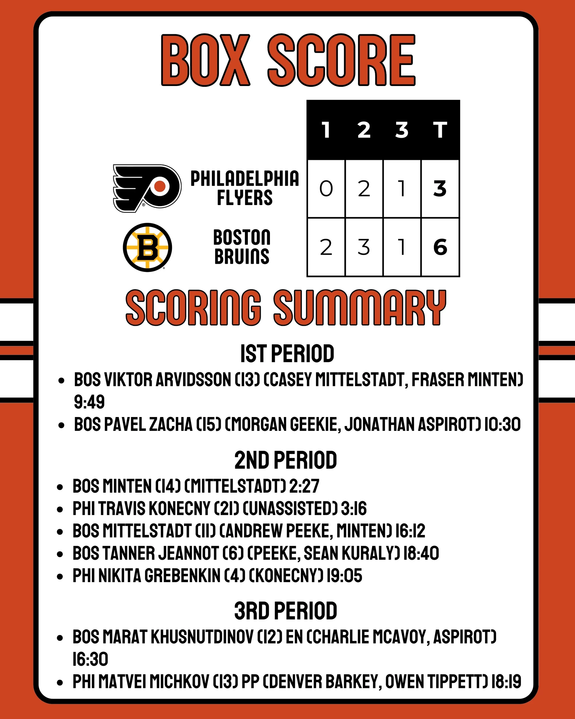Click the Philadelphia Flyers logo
(147, 188)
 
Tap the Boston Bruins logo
(147, 247)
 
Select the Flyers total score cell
(440, 189)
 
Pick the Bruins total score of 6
(440, 247)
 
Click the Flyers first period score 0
(326, 189)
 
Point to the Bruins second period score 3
(364, 247)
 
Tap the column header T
(440, 130)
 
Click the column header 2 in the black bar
(364, 130)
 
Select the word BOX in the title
(206, 60)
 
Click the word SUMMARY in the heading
(360, 307)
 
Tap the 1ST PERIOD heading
(287, 354)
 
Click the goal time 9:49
(89, 401)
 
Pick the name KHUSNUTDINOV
(202, 637)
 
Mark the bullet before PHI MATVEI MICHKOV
(60, 682)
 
